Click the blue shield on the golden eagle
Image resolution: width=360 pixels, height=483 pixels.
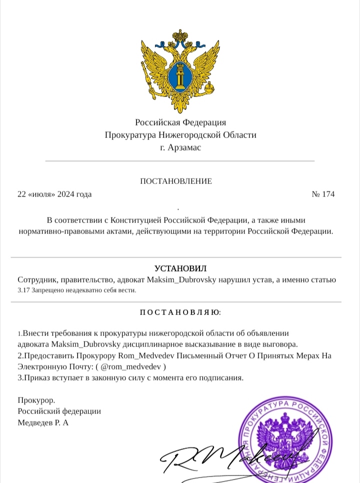pyautogui.click(x=179, y=78)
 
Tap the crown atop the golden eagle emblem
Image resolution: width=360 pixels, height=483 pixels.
pyautogui.click(x=179, y=37)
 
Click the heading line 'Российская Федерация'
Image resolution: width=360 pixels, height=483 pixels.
pyautogui.click(x=180, y=122)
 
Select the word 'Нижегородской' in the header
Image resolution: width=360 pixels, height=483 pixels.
pyautogui.click(x=186, y=135)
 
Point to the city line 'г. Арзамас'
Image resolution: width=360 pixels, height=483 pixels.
pyautogui.click(x=180, y=148)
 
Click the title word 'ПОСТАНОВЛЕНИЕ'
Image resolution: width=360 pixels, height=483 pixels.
pyautogui.click(x=175, y=181)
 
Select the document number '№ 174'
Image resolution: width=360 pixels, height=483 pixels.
pyautogui.click(x=323, y=194)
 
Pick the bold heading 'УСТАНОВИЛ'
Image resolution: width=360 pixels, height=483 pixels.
pyautogui.click(x=180, y=269)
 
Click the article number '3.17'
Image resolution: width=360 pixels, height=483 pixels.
pyautogui.click(x=23, y=290)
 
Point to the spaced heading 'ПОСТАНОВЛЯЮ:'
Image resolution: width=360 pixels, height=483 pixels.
pyautogui.click(x=180, y=313)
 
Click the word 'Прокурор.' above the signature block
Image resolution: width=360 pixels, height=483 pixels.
pyautogui.click(x=36, y=400)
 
